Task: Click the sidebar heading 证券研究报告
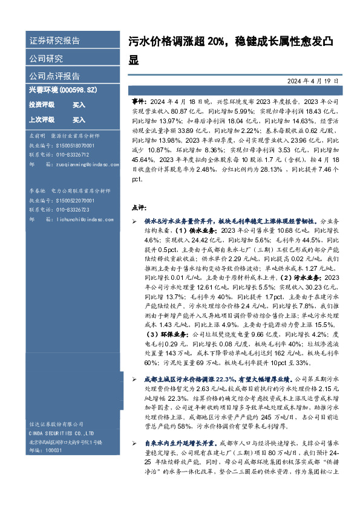point(54,41)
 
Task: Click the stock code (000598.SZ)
point(78,89)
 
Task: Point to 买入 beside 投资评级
point(79,105)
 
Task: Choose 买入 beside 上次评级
point(79,120)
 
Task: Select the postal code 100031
point(54,450)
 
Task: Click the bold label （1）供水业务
point(183,230)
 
